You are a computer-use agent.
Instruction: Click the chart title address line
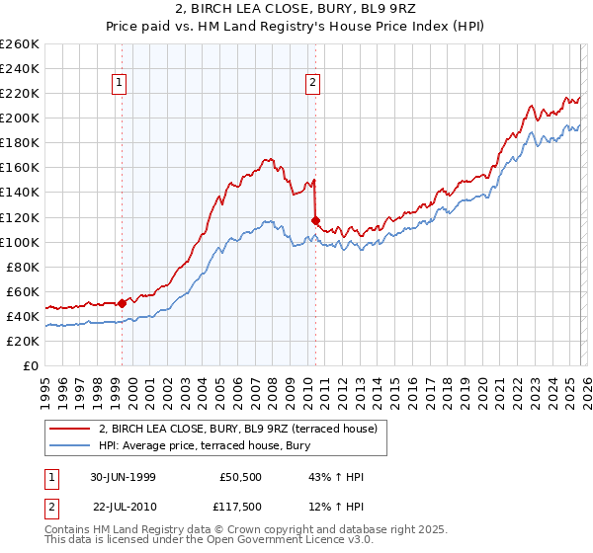pos(296,10)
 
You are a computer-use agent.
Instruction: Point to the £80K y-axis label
pos(22,267)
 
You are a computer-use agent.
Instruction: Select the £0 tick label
pos(32,365)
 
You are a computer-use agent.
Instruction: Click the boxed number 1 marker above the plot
pos(119,84)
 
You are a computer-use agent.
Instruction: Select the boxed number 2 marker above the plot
pos(312,84)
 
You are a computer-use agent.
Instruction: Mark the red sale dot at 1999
pos(123,303)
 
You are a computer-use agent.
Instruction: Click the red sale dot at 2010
pos(315,220)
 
